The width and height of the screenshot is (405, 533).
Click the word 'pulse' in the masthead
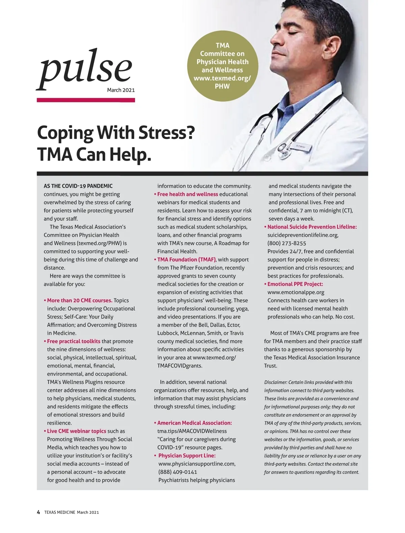(84, 70)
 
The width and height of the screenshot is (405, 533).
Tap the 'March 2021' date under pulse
(121, 90)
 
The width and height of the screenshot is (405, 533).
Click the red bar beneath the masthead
(86, 100)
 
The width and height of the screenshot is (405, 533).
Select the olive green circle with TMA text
(222, 66)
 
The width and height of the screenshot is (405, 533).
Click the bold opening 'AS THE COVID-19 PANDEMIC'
(78, 186)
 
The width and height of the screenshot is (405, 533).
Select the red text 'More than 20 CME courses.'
(80, 300)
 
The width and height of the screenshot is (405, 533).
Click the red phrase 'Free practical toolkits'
(74, 341)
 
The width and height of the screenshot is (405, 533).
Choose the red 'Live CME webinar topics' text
(77, 431)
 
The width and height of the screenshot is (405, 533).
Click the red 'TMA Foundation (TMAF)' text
(186, 259)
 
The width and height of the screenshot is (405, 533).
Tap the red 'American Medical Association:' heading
(194, 423)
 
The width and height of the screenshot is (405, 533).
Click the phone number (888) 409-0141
(178, 472)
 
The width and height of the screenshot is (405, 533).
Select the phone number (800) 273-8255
(287, 243)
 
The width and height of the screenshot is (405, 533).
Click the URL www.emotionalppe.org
(296, 292)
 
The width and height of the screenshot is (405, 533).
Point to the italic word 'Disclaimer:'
(275, 382)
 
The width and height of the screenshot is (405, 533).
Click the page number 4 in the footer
(38, 512)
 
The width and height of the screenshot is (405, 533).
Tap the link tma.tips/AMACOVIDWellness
(192, 431)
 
